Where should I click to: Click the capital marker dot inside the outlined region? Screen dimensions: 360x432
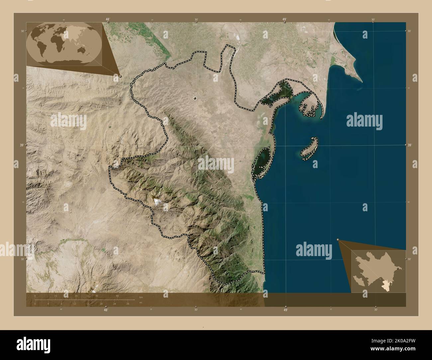click(195, 98)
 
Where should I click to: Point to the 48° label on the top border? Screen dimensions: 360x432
click(108, 20)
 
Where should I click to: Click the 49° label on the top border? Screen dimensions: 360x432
click(285, 20)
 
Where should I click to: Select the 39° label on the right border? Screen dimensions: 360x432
click(410, 145)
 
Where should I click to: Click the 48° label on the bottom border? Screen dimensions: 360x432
click(106, 310)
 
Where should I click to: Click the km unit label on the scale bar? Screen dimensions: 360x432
click(141, 297)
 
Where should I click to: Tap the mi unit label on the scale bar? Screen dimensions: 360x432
click(141, 302)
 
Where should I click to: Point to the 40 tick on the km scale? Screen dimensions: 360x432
click(117, 296)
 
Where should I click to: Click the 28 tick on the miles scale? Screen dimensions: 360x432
click(128, 304)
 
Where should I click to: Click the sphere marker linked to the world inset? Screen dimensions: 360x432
click(120, 76)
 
